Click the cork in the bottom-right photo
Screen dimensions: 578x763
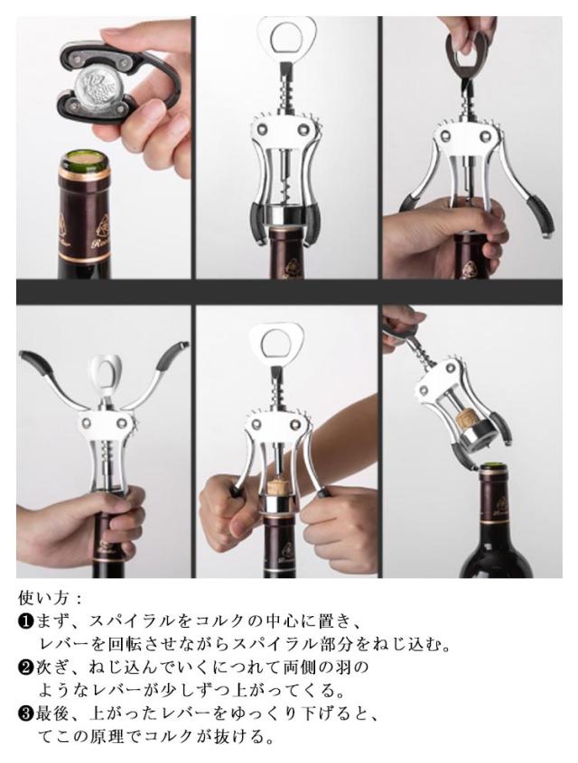click(x=466, y=419)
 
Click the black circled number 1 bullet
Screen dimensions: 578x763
click(x=25, y=621)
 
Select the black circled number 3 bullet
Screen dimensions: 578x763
click(x=25, y=714)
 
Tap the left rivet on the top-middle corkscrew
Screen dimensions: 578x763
click(x=264, y=129)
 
